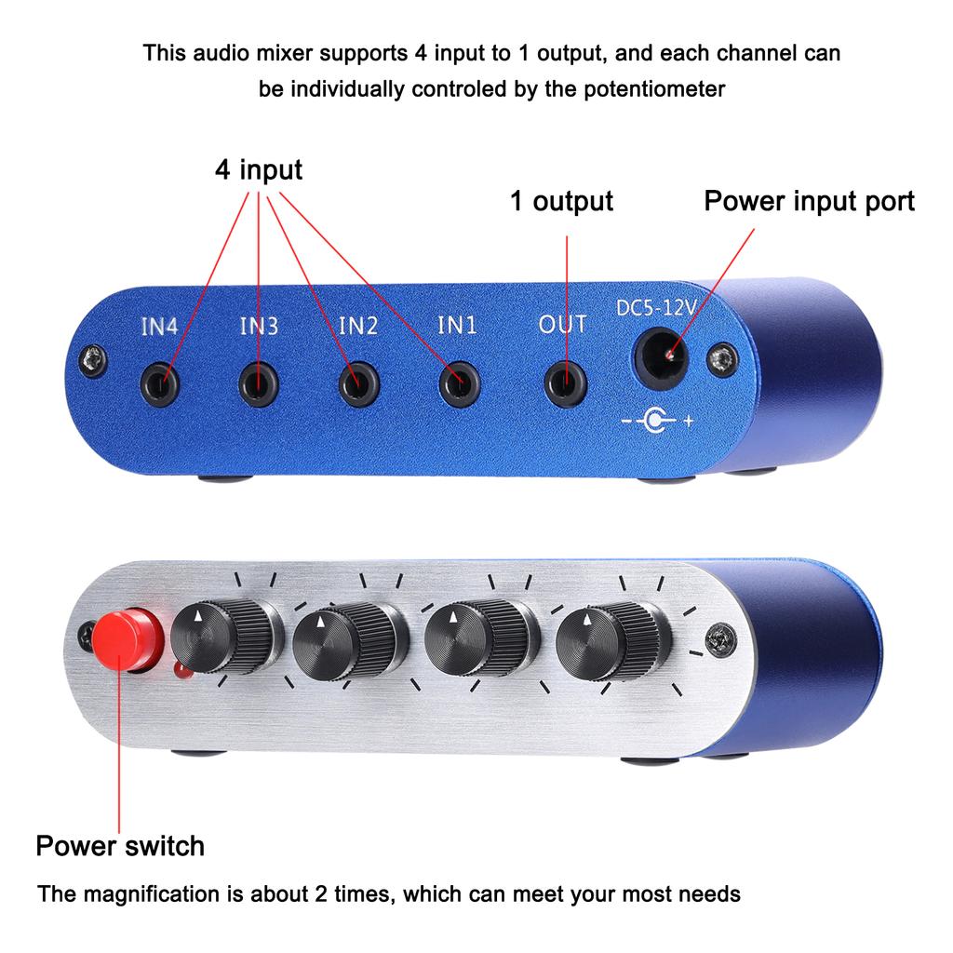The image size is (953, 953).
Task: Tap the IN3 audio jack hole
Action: coord(261,383)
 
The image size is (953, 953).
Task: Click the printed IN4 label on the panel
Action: coord(159,327)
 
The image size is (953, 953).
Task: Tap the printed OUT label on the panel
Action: coord(563,324)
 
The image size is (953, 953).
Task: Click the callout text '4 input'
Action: coord(258,170)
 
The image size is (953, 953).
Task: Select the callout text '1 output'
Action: coord(561,201)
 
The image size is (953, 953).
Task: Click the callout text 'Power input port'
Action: coord(809,201)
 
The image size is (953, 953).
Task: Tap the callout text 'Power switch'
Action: coord(120,846)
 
